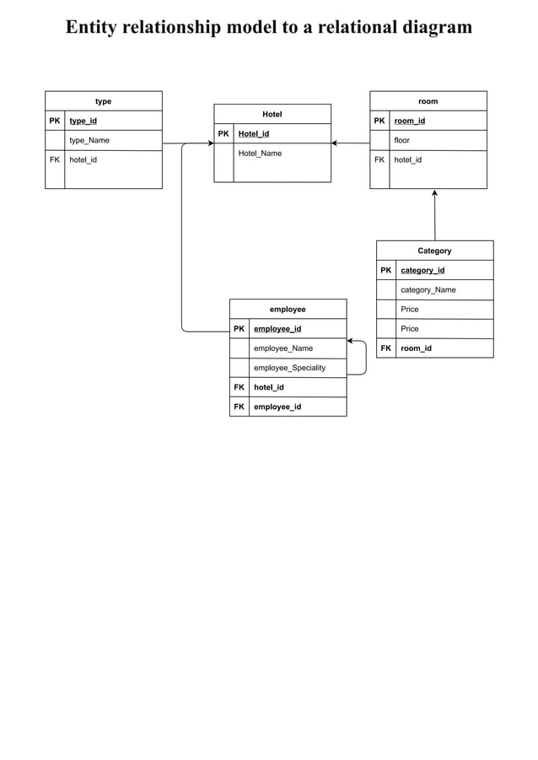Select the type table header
click(x=103, y=101)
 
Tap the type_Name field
click(x=89, y=140)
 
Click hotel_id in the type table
click(x=83, y=159)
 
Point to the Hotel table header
click(x=272, y=114)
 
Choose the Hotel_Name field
click(x=260, y=154)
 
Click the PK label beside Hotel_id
click(x=223, y=133)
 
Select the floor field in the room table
click(x=401, y=140)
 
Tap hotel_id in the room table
click(x=408, y=159)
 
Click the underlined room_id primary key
click(x=410, y=121)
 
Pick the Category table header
click(x=434, y=251)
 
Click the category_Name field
click(x=428, y=289)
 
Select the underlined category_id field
click(x=422, y=270)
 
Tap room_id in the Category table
click(x=416, y=348)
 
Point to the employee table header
click(x=288, y=310)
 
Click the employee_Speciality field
click(x=289, y=368)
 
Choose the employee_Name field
click(x=283, y=348)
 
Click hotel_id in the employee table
click(x=268, y=387)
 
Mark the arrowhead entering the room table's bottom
click(x=434, y=193)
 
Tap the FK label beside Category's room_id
click(x=385, y=348)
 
